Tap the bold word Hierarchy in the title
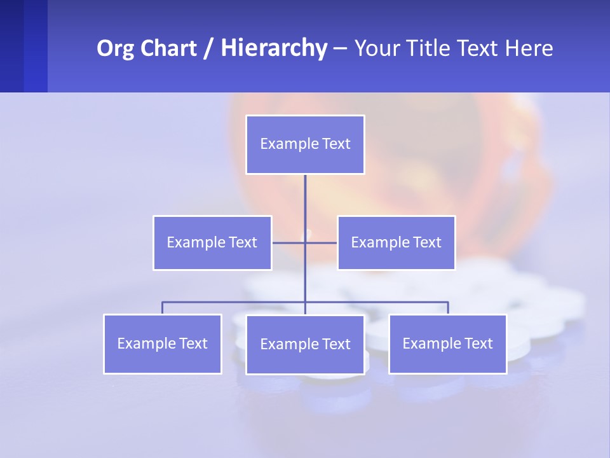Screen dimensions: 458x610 pos(273,48)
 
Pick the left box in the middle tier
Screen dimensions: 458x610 pos(212,242)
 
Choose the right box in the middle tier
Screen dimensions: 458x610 pos(396,242)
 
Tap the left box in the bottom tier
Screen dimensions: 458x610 pos(163,343)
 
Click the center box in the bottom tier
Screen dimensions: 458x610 pos(305,344)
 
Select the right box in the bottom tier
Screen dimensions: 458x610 pos(447,343)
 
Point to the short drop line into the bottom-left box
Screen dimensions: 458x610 pos(163,308)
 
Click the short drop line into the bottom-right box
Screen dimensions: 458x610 pos(448,308)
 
